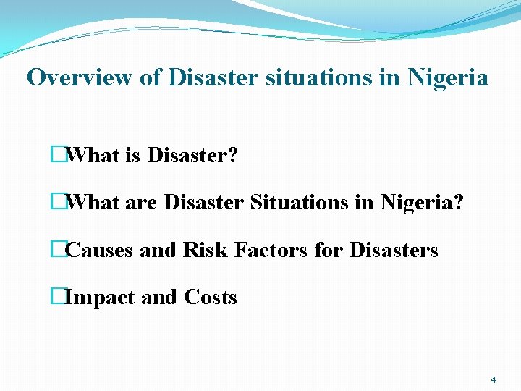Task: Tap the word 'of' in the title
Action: click(x=151, y=77)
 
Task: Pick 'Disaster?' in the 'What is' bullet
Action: click(x=192, y=155)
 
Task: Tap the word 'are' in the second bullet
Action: click(x=140, y=203)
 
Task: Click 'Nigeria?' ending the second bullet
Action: click(x=420, y=203)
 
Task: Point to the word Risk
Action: click(x=205, y=251)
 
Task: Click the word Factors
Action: click(x=271, y=251)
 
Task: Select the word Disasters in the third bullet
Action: click(x=394, y=251)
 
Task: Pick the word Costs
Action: click(x=211, y=298)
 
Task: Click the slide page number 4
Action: click(x=493, y=380)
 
